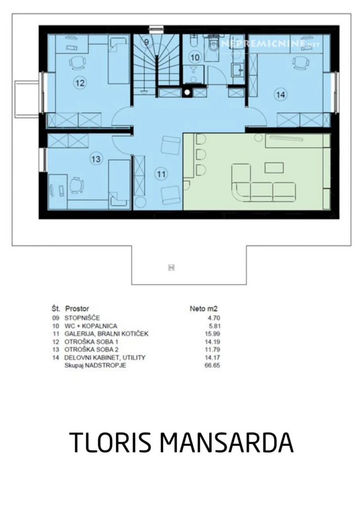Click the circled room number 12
coord(80,83)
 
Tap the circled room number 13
coord(96,159)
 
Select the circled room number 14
coord(281,94)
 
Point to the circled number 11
coord(162,174)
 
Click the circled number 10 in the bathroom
coord(195,58)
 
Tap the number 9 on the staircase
coord(146,42)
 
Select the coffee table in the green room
coord(274,168)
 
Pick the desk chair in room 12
coord(77,62)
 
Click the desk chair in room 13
coord(76,185)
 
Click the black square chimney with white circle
coord(187,92)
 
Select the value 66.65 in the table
coord(213,366)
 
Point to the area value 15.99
coord(213,334)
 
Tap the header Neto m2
coord(203,308)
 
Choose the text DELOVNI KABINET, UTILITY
coord(105,358)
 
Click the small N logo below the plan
coord(171,267)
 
